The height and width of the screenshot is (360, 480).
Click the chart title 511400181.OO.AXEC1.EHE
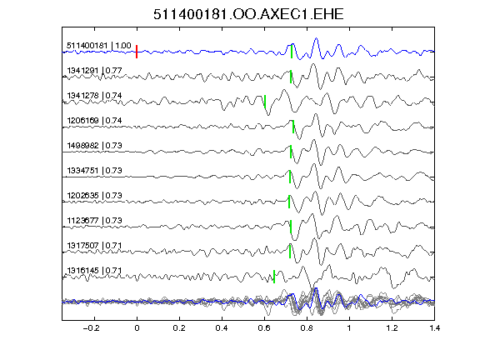(248, 14)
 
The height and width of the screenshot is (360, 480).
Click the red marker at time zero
(137, 52)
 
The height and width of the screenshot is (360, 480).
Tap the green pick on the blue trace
(292, 52)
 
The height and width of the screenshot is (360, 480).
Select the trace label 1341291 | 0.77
(94, 71)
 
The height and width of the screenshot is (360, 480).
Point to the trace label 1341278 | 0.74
(94, 96)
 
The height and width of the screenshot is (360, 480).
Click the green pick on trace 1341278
(265, 102)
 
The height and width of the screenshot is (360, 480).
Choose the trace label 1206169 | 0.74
(94, 121)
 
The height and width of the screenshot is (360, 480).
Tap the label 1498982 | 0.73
(94, 146)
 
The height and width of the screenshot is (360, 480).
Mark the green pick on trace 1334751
(290, 177)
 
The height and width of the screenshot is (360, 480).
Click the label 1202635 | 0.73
(94, 196)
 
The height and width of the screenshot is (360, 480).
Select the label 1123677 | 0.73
(94, 221)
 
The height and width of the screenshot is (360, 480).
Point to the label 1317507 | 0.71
(94, 246)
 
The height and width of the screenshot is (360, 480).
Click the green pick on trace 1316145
(274, 277)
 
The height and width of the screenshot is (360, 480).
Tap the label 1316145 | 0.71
(94, 271)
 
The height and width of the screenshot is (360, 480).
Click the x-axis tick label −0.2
(91, 328)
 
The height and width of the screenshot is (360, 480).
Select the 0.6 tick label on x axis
(264, 328)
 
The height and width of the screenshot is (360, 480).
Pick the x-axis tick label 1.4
(435, 328)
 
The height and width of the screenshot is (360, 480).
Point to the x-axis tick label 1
(349, 328)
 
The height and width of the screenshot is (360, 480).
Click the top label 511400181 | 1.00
(99, 46)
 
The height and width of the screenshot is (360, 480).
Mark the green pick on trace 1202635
(289, 202)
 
